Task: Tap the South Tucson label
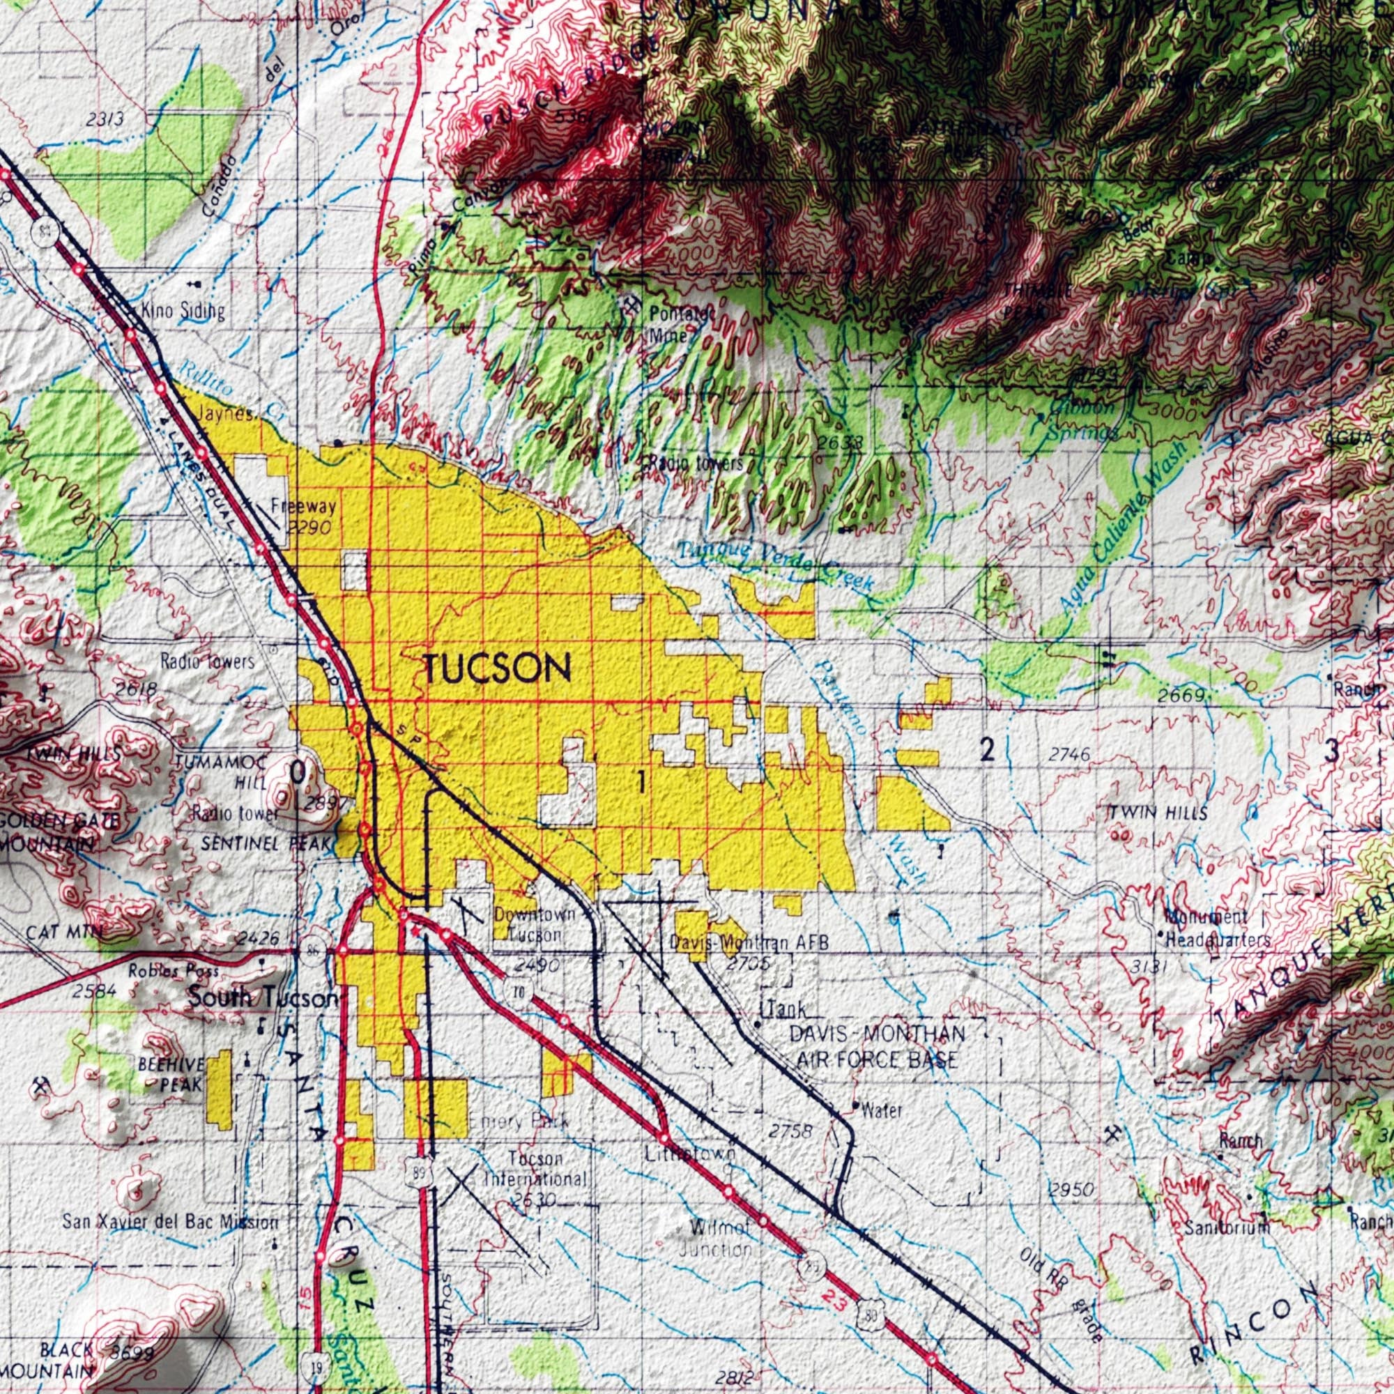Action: click(262, 999)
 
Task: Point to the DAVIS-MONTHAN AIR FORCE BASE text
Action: click(876, 1047)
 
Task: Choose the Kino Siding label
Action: click(183, 312)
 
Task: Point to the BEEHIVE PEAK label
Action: click(171, 1074)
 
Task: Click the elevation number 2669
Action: click(1181, 696)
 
